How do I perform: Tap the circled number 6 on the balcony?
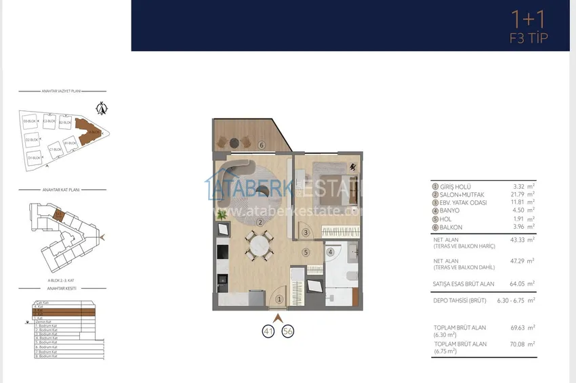261,144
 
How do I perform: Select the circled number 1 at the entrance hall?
279,288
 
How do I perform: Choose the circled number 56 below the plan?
287,331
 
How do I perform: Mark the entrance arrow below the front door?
276,316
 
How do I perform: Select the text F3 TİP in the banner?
528,38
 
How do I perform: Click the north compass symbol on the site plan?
102,107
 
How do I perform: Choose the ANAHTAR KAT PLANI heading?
60,191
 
